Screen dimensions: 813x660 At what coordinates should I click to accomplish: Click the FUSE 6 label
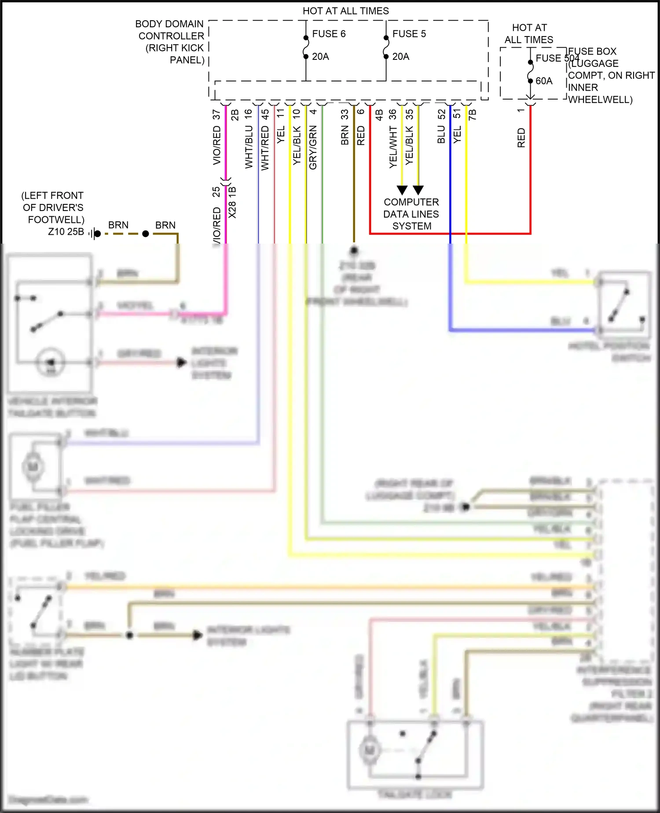[x=329, y=34]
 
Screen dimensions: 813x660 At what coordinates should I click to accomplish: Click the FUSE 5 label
[x=409, y=34]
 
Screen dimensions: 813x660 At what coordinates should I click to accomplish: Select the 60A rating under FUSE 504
[x=544, y=81]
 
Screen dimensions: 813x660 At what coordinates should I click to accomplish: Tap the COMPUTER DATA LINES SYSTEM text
[x=411, y=214]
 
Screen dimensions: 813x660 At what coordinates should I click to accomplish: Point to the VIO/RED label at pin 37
[x=216, y=145]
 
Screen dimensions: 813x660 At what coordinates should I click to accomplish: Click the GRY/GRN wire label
[x=313, y=147]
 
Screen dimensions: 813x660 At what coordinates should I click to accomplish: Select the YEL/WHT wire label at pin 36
[x=393, y=147]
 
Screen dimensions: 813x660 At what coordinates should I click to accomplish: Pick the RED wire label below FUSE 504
[x=521, y=138]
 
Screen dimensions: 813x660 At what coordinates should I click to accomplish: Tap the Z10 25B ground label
[x=66, y=232]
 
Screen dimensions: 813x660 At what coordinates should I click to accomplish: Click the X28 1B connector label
[x=233, y=203]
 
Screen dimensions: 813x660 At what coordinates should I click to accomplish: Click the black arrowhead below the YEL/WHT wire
[x=402, y=190]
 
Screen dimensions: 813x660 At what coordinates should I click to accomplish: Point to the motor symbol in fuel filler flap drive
[x=33, y=466]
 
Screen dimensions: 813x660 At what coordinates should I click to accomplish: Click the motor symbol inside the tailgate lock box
[x=370, y=750]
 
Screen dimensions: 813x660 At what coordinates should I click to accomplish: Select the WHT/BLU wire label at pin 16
[x=249, y=147]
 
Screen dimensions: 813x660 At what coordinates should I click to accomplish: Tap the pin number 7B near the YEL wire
[x=472, y=115]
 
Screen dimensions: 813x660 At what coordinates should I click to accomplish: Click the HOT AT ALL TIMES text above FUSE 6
[x=345, y=11]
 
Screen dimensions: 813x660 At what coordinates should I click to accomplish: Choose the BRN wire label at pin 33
[x=345, y=135]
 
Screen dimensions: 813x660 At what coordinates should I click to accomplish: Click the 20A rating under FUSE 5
[x=400, y=57]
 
